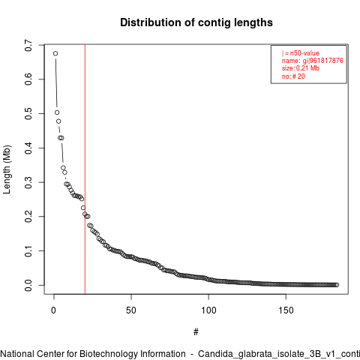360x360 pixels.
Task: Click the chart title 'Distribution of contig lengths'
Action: click(x=196, y=22)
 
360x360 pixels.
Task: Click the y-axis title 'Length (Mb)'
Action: click(x=7, y=169)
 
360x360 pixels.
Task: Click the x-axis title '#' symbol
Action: click(x=196, y=332)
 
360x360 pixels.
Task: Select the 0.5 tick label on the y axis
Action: click(x=28, y=114)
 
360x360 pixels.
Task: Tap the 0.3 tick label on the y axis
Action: click(x=28, y=182)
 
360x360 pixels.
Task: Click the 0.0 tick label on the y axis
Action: click(x=28, y=285)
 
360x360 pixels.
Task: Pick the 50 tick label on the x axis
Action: click(x=131, y=310)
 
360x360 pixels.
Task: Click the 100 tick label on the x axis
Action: click(x=208, y=310)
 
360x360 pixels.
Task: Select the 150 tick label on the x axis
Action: click(x=286, y=310)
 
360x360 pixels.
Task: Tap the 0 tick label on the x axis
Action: click(x=53, y=310)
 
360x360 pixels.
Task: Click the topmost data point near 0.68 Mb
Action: click(x=55, y=53)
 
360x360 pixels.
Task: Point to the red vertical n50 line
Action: click(x=85, y=169)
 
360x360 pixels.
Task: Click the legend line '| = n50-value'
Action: click(x=300, y=53)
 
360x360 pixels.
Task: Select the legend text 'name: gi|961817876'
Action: click(x=312, y=61)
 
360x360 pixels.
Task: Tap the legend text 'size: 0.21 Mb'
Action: click(x=300, y=68)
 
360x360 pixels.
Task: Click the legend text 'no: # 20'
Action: click(x=293, y=76)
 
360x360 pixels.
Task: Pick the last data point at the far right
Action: click(x=337, y=285)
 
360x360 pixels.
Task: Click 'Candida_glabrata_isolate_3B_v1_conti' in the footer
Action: click(x=279, y=354)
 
